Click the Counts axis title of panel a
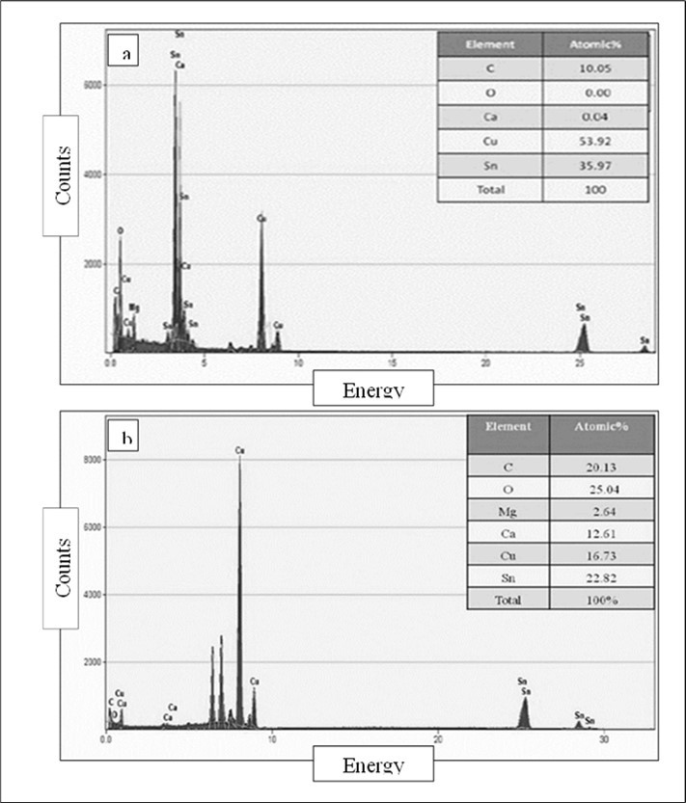63,175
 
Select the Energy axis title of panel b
373,766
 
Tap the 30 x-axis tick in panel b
603,739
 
